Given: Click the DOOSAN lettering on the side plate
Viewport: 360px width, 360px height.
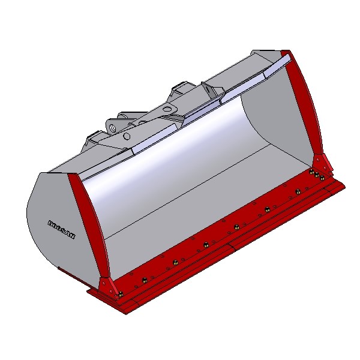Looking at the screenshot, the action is pyautogui.click(x=61, y=230).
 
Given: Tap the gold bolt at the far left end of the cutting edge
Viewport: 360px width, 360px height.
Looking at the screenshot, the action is pyautogui.click(x=121, y=294).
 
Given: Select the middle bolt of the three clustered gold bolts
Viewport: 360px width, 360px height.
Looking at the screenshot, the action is pyautogui.click(x=317, y=175).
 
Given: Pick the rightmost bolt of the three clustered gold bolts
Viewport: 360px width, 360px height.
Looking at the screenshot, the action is pyautogui.click(x=322, y=178).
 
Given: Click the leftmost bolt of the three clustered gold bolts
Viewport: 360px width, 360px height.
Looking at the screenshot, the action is pyautogui.click(x=311, y=172).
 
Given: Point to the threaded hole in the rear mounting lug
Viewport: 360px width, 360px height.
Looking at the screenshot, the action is pyautogui.click(x=113, y=127).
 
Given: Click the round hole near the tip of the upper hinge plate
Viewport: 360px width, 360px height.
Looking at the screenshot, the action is pyautogui.click(x=169, y=107).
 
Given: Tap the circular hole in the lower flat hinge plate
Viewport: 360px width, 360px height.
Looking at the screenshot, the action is pyautogui.click(x=127, y=136).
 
